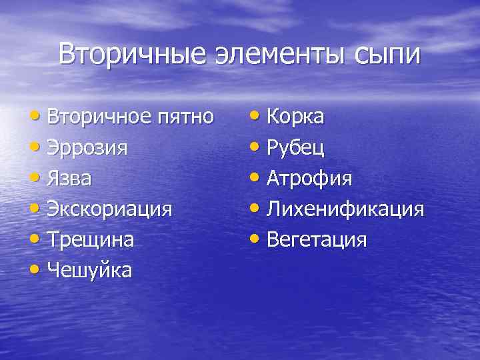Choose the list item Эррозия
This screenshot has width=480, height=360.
click(87, 148)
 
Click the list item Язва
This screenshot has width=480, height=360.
click(70, 179)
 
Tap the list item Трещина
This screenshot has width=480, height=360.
click(91, 240)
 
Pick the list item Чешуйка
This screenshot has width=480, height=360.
click(89, 271)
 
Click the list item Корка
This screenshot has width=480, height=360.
click(295, 117)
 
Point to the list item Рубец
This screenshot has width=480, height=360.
click(295, 148)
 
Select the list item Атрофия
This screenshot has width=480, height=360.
click(309, 179)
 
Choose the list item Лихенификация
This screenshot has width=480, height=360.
click(345, 209)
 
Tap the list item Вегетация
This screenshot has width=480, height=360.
click(317, 240)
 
